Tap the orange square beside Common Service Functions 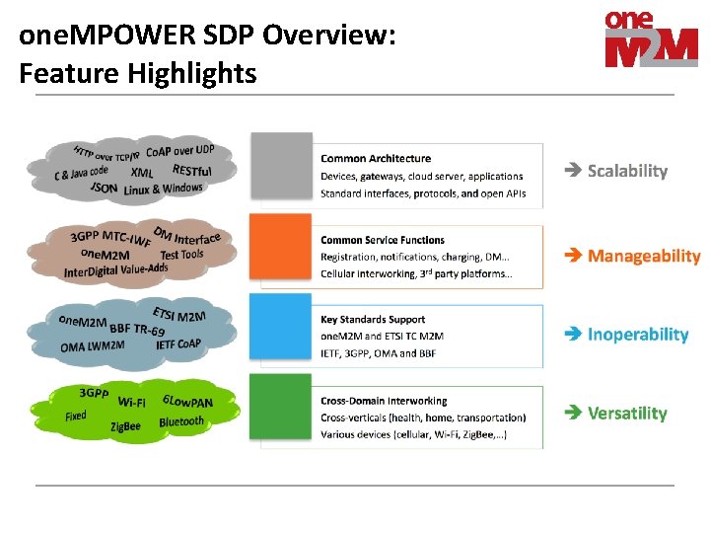point(281,250)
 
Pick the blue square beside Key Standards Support point(281,330)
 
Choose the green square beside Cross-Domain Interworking point(281,410)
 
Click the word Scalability point(627,171)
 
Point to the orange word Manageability point(643,256)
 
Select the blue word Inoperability point(637,335)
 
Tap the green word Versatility point(627,414)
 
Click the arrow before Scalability point(573,171)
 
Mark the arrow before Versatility point(573,414)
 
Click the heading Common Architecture point(376,158)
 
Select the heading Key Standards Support point(373,320)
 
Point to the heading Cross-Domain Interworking point(384,401)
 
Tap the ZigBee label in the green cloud point(125,427)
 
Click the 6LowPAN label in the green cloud point(187,402)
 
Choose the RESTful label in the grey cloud point(191,171)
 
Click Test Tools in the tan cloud point(181,254)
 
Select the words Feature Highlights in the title point(137,73)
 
